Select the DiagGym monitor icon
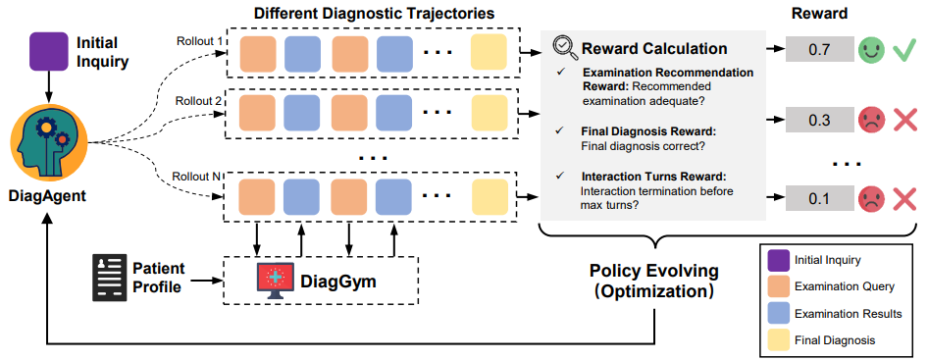tap(277, 282)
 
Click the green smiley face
tap(869, 47)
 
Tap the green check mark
tap(904, 47)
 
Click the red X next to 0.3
tap(904, 120)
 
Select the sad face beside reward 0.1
tap(869, 198)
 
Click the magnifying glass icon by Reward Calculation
tap(565, 47)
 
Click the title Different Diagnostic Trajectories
tap(375, 13)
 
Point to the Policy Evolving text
tap(652, 271)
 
